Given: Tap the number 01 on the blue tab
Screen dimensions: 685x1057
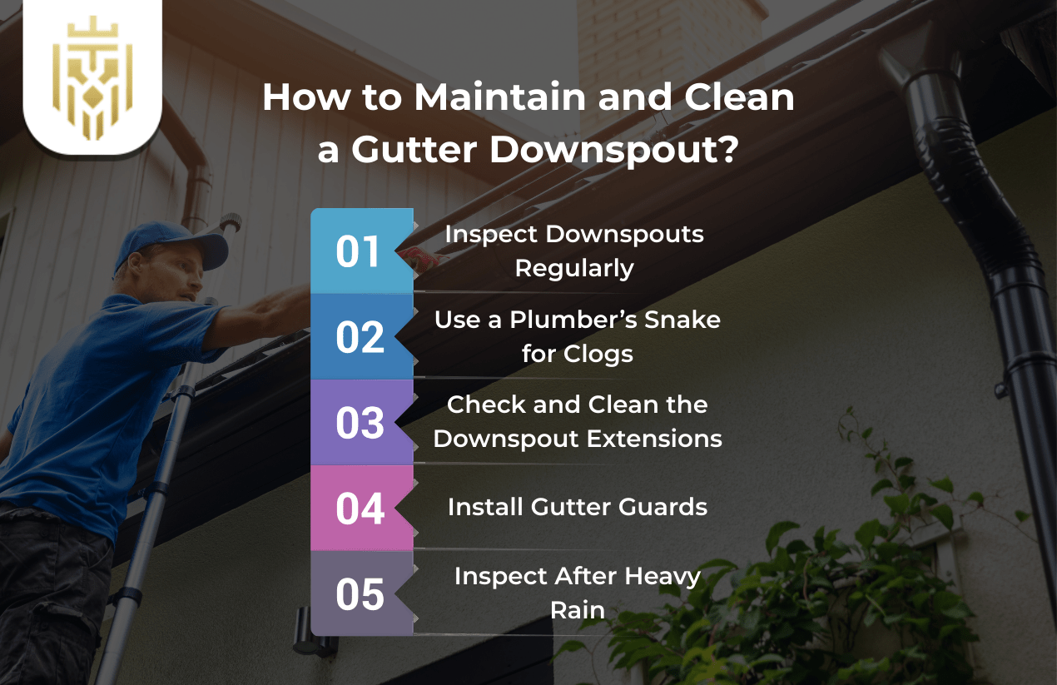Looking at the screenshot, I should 359,251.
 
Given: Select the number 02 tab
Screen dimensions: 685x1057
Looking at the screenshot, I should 359,337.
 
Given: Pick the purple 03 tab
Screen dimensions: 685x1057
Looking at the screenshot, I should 359,423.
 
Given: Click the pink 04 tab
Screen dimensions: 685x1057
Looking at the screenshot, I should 359,509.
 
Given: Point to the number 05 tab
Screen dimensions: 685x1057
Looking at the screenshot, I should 359,594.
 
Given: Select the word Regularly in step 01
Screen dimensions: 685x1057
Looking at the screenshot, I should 574,268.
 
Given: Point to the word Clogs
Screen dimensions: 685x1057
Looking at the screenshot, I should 600,354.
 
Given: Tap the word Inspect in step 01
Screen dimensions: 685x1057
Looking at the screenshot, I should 491,235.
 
